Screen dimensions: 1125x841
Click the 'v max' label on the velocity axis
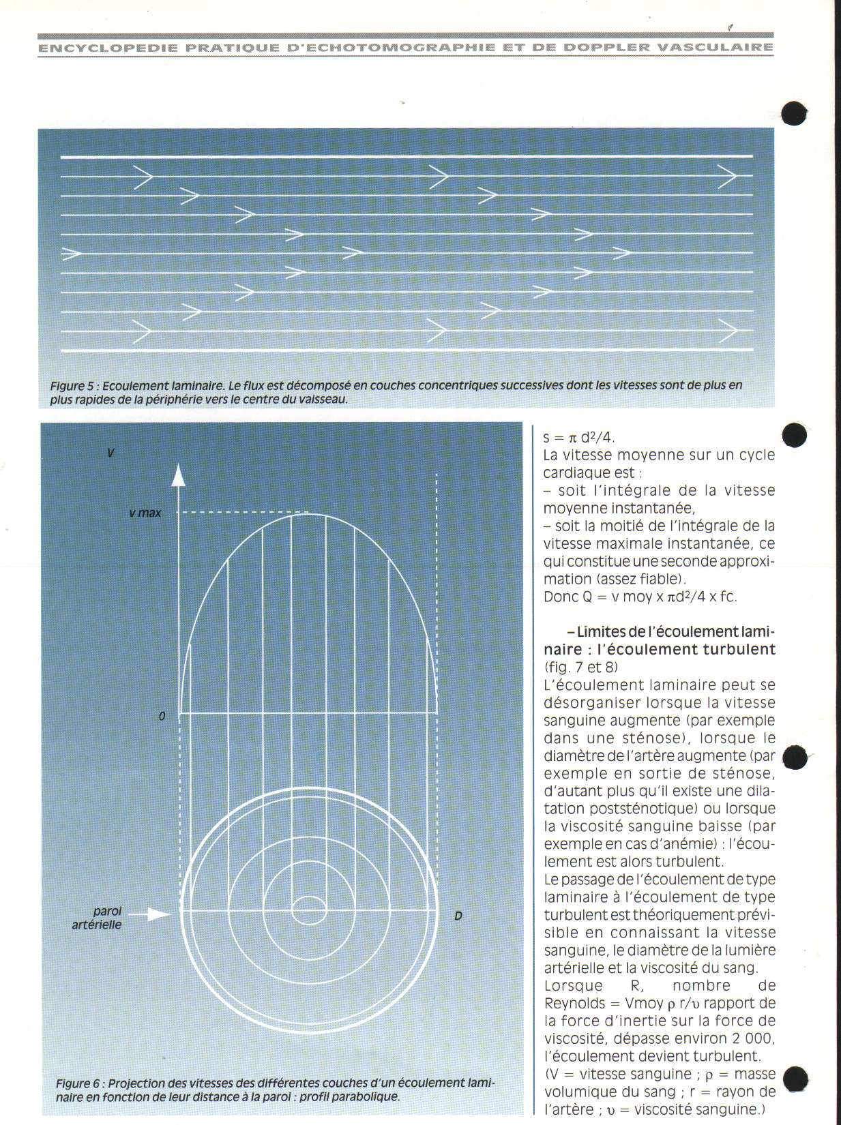(145, 513)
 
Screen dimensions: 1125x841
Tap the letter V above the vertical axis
(111, 452)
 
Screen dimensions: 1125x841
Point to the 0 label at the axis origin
(162, 717)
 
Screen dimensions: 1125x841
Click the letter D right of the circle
(458, 916)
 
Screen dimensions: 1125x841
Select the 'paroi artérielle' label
(98, 918)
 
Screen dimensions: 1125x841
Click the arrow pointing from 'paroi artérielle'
(149, 914)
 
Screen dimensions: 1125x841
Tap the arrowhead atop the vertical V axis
(178, 475)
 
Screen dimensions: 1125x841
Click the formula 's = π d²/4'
(579, 438)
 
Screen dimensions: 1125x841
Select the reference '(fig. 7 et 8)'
(581, 667)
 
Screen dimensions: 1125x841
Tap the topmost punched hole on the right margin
(794, 113)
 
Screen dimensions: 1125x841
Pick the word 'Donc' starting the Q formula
(561, 597)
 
